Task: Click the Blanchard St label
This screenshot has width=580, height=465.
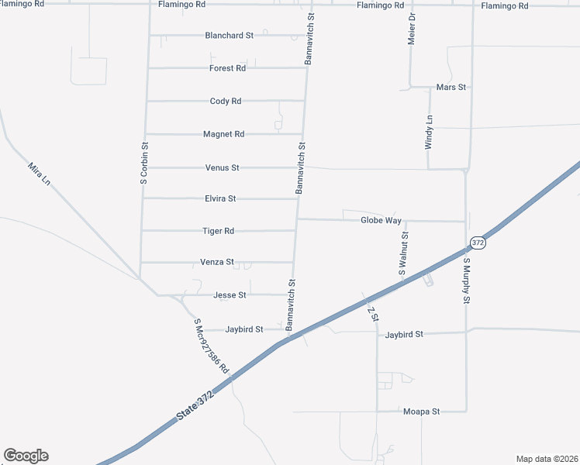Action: click(x=229, y=36)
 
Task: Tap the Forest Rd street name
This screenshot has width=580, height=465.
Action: click(x=227, y=68)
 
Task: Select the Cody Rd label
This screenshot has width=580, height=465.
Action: click(x=226, y=101)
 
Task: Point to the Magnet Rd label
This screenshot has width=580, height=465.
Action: click(x=223, y=134)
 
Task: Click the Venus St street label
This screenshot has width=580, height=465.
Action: click(x=222, y=167)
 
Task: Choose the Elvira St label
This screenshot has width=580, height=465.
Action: click(x=220, y=199)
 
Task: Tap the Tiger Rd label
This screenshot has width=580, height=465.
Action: click(x=218, y=231)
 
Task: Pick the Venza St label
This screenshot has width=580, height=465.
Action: click(x=217, y=263)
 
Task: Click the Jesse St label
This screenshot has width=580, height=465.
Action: click(x=230, y=295)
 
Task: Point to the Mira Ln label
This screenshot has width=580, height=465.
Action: click(x=39, y=173)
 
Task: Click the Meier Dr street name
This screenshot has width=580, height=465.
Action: click(x=413, y=27)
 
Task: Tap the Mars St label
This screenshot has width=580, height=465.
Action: click(x=451, y=88)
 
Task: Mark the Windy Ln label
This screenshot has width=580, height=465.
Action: click(x=429, y=132)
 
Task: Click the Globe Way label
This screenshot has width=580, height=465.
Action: click(x=381, y=221)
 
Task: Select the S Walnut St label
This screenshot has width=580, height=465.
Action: click(x=403, y=253)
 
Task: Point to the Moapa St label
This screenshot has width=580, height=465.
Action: click(x=421, y=412)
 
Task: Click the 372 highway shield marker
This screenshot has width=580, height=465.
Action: click(x=478, y=243)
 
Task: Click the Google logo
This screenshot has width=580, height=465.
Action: click(x=26, y=456)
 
